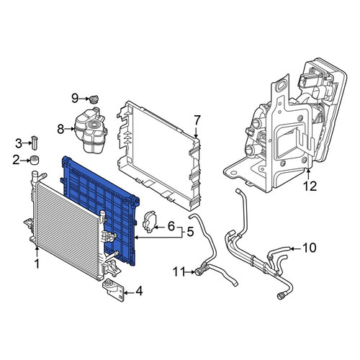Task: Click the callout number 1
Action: tap(37, 264)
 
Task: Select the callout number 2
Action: tap(16, 160)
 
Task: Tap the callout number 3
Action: tap(19, 143)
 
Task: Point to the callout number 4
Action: tap(139, 292)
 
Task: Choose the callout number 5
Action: tap(190, 232)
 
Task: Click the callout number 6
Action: tap(171, 226)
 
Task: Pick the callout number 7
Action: tap(197, 120)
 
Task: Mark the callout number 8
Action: tap(60, 130)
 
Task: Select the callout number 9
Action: tap(75, 98)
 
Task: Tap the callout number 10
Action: tap(310, 248)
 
